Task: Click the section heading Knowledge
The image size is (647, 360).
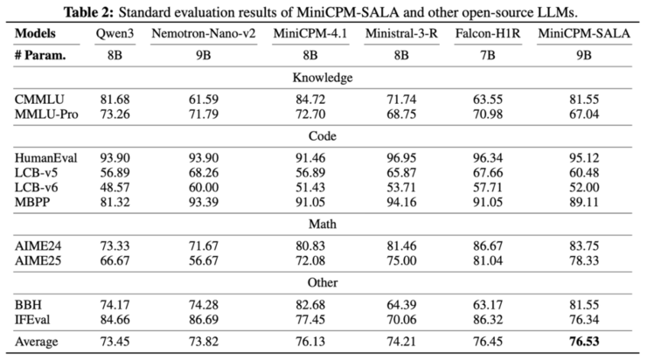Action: (x=323, y=77)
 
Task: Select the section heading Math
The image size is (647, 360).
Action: (x=323, y=224)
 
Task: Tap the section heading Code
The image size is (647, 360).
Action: (x=323, y=137)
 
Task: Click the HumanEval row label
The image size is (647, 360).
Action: (x=45, y=157)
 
